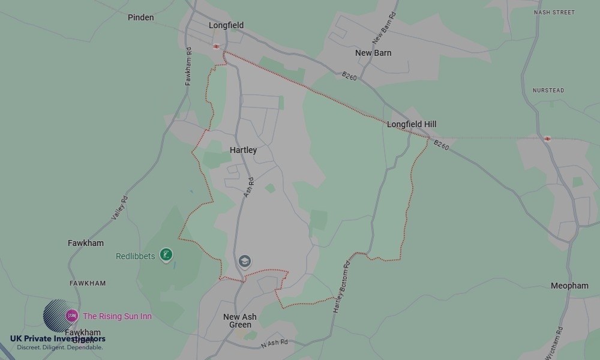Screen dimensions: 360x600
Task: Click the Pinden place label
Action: [x=141, y=17]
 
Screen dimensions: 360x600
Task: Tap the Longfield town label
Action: [x=226, y=25]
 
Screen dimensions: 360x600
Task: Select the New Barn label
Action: [x=373, y=53]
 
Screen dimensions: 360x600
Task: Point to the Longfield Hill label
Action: [x=412, y=124]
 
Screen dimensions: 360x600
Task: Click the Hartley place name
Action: [x=243, y=150]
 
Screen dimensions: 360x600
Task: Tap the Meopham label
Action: [x=569, y=286]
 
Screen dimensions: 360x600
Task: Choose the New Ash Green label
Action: [x=240, y=321]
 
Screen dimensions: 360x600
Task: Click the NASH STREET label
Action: [x=554, y=12]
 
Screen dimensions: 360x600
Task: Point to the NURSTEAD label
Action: [x=548, y=91]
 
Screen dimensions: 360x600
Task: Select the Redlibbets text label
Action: [x=135, y=256]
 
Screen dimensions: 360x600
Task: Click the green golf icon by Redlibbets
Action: [x=166, y=255]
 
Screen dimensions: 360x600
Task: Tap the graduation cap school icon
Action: [x=244, y=261]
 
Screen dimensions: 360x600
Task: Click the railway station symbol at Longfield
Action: [x=216, y=46]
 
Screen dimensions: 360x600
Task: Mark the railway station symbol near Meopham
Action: [x=547, y=139]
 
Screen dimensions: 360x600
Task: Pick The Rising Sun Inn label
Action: [x=117, y=316]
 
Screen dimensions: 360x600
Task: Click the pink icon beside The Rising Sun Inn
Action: [x=71, y=316]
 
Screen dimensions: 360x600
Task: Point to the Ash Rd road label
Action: [x=249, y=187]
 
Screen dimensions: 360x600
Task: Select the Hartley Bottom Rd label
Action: [x=341, y=289]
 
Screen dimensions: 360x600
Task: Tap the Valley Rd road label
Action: [x=120, y=208]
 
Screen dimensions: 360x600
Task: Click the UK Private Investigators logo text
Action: [x=58, y=339]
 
